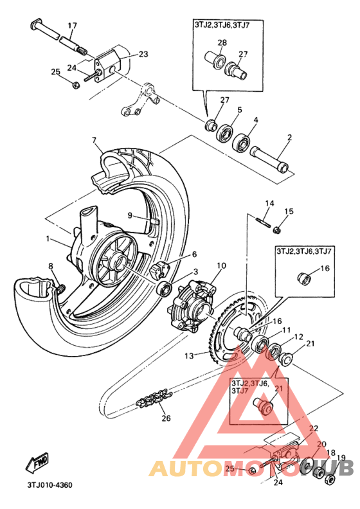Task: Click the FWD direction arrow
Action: click(37, 462)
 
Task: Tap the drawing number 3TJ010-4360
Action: click(50, 485)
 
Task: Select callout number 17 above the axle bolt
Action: click(73, 25)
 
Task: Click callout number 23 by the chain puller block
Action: click(143, 54)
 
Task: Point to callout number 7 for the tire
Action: click(94, 140)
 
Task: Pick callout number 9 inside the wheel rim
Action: click(130, 215)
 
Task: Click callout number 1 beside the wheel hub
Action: click(48, 239)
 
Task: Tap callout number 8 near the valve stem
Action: click(51, 266)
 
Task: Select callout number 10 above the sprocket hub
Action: click(221, 265)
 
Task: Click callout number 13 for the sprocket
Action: click(189, 356)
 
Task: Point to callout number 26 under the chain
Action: click(166, 418)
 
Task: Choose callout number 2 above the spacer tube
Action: click(289, 138)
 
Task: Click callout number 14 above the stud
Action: click(269, 204)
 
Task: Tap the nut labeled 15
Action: click(278, 230)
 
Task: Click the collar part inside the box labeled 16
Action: click(304, 278)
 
